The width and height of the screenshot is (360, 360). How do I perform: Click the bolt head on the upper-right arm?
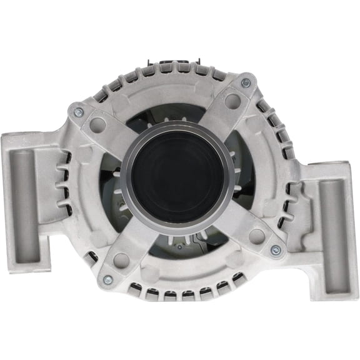click(x=246, y=82)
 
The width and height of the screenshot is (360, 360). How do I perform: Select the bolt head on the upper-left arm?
click(x=79, y=112)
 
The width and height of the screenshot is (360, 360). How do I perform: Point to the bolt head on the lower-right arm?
click(x=275, y=250)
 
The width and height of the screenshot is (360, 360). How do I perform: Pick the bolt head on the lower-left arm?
click(x=107, y=279)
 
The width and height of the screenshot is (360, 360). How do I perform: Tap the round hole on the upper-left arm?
click(x=97, y=124)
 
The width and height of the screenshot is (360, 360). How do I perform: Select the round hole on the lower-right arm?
click(x=256, y=236)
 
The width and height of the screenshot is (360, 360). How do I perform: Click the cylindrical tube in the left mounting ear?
click(x=26, y=203)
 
